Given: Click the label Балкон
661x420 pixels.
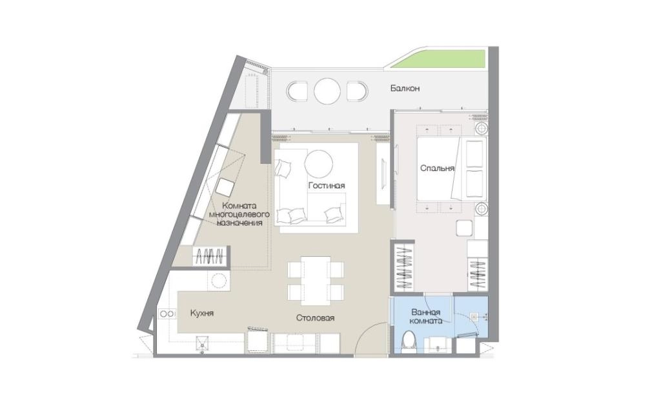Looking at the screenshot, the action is [405, 88].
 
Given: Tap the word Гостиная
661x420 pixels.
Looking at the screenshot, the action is [327, 185].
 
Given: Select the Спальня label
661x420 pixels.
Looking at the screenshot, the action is [437, 168].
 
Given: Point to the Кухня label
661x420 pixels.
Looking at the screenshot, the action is [202, 313].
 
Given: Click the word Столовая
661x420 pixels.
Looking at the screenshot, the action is [315, 317].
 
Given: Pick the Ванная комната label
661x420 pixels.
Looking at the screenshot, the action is [427, 316].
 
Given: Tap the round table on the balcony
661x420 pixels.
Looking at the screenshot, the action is [327, 91].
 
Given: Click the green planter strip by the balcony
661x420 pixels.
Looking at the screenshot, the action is [439, 59].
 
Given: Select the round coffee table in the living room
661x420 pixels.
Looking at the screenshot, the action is [319, 165].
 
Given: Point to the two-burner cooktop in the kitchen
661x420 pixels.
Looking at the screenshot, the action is [167, 314].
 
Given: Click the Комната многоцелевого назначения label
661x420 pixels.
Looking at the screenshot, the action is [239, 214].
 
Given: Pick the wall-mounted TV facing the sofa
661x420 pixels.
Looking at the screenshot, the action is [383, 174].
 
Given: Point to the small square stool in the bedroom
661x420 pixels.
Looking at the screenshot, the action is [465, 228].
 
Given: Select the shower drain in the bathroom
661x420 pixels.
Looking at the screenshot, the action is [474, 315].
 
